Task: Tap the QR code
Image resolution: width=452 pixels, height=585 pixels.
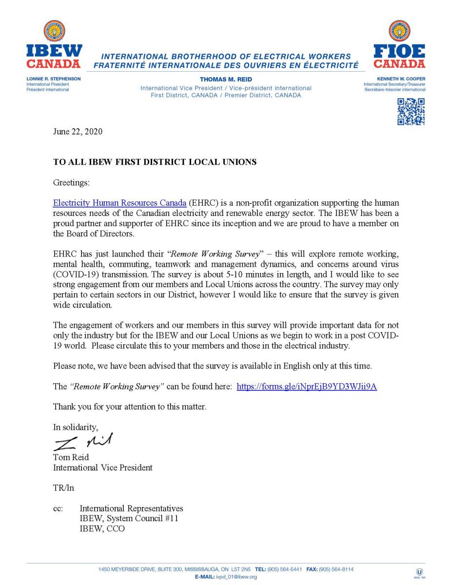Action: point(411,112)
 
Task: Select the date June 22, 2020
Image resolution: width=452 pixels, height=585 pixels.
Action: point(78,132)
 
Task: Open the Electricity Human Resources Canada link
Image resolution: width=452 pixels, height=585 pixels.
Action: point(119,202)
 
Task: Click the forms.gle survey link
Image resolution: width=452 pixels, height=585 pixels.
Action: point(306,387)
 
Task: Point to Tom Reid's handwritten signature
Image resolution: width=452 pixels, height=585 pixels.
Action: point(83,442)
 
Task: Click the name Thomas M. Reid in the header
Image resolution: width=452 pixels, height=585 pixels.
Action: point(226,78)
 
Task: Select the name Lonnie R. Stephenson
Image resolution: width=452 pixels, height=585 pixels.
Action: point(54,78)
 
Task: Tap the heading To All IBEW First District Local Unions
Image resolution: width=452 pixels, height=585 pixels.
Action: point(155,162)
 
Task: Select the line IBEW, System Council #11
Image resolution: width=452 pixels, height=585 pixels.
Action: point(129,518)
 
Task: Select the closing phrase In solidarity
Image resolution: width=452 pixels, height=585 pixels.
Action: point(76,427)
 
